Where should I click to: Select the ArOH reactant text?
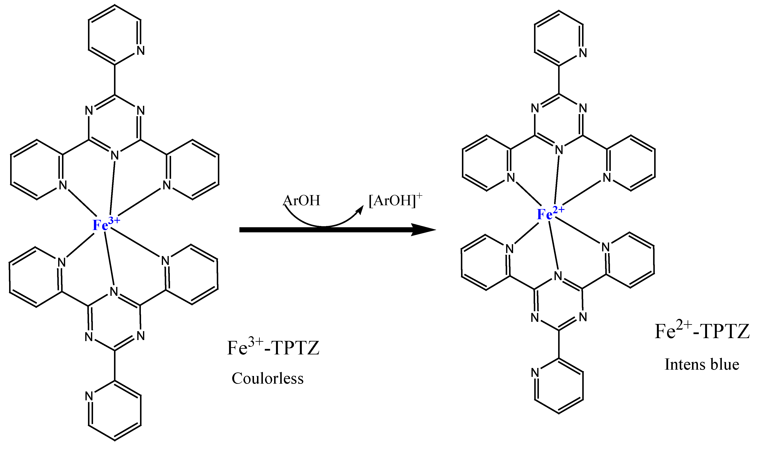click(301, 201)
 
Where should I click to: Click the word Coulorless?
click(267, 379)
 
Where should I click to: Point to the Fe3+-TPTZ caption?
click(273, 348)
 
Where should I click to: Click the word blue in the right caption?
click(726, 364)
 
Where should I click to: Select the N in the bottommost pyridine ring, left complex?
click(89, 396)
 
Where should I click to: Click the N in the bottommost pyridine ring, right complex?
click(535, 373)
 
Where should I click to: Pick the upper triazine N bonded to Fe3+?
click(115, 156)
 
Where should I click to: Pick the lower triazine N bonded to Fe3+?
click(114, 292)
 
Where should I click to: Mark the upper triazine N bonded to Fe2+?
click(559, 150)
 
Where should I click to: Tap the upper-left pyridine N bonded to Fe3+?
click(63, 185)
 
